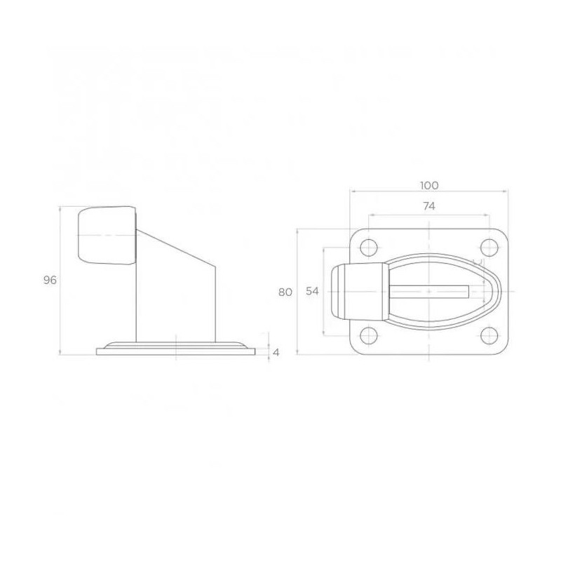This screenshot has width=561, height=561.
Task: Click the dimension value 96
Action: [49, 279]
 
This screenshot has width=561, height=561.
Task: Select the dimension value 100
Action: [429, 185]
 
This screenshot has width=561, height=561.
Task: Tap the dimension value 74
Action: [429, 205]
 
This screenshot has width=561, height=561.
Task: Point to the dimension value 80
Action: [285, 292]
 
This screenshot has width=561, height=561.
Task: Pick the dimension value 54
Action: [313, 292]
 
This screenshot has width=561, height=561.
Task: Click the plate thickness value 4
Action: [276, 352]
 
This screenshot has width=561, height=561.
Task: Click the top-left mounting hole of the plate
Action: [368, 248]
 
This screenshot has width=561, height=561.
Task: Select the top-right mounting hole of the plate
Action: [487, 248]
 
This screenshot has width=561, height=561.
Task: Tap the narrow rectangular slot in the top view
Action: [428, 290]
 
